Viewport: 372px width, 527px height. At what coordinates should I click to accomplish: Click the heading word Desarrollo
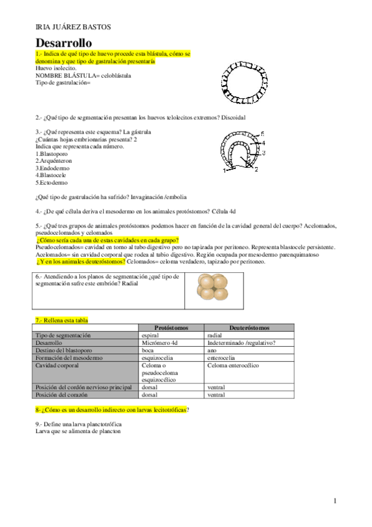point(64,43)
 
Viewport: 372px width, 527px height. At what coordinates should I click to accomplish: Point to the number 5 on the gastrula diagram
point(263,134)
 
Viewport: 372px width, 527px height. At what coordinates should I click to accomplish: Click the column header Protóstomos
point(171,328)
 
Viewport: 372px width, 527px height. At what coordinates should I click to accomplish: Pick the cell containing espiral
point(152,335)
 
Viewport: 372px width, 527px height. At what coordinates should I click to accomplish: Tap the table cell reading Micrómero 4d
point(160,342)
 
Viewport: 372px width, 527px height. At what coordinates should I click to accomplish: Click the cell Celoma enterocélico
point(233,365)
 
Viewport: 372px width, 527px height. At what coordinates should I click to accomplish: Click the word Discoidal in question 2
point(233,117)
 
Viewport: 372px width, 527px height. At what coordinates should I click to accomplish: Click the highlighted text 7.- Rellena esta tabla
point(61,319)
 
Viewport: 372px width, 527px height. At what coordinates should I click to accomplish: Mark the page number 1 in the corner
point(335,500)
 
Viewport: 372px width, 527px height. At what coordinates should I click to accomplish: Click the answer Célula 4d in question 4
point(227,212)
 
